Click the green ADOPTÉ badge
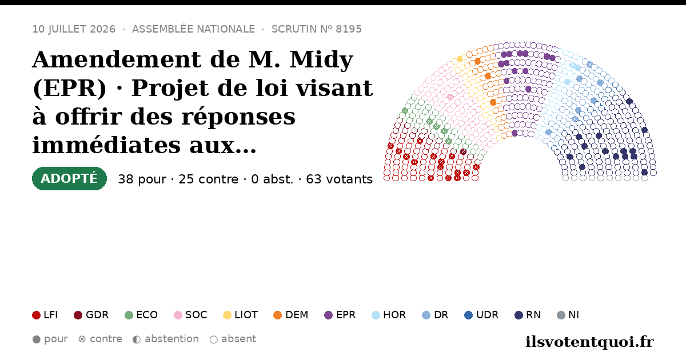69,178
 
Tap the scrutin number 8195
349,29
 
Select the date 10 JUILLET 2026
74,29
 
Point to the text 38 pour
142,179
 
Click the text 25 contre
208,179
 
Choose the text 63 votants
340,179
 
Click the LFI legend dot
36,315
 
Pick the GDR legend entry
91,315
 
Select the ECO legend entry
141,315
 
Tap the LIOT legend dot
227,315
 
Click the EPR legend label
346,315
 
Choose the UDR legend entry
481,315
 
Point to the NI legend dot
561,315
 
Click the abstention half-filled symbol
137,339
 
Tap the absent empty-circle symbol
213,339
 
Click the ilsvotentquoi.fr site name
589,342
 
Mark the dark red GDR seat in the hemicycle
464,152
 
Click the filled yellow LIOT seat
460,59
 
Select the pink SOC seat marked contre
450,97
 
